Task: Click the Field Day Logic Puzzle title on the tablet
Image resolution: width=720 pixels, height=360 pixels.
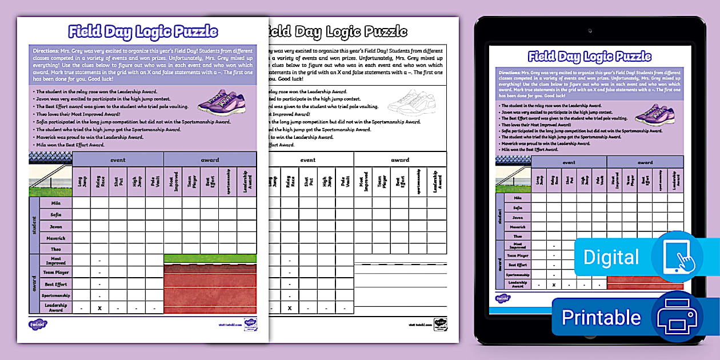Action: pyautogui.click(x=589, y=56)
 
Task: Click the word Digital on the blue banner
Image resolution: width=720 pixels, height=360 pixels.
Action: pyautogui.click(x=611, y=257)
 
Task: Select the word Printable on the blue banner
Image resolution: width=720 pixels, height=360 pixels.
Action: pyautogui.click(x=601, y=317)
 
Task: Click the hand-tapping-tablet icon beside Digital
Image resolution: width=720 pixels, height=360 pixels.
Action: pyautogui.click(x=678, y=257)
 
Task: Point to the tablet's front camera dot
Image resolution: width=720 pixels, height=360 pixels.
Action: pyautogui.click(x=590, y=29)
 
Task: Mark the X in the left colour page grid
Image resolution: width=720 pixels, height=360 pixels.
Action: pyautogui.click(x=99, y=308)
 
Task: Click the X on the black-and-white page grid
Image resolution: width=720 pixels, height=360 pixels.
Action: pyautogui.click(x=290, y=308)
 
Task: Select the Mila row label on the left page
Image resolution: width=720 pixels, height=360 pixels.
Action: pyautogui.click(x=56, y=203)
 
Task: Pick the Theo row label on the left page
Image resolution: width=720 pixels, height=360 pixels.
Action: pyautogui.click(x=56, y=249)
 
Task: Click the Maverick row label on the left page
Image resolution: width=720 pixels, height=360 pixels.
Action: pyautogui.click(x=56, y=238)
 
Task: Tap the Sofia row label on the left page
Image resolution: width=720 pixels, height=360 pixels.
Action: pyautogui.click(x=56, y=215)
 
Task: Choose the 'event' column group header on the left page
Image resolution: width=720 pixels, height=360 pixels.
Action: pyautogui.click(x=118, y=160)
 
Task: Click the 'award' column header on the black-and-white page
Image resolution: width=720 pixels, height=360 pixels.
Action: pyautogui.click(x=400, y=160)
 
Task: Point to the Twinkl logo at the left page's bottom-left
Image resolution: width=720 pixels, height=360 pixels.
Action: pyautogui.click(x=38, y=325)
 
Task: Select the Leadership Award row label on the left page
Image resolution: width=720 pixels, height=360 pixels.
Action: pyautogui.click(x=56, y=307)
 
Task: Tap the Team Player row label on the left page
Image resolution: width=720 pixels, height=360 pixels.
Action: pyautogui.click(x=56, y=273)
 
